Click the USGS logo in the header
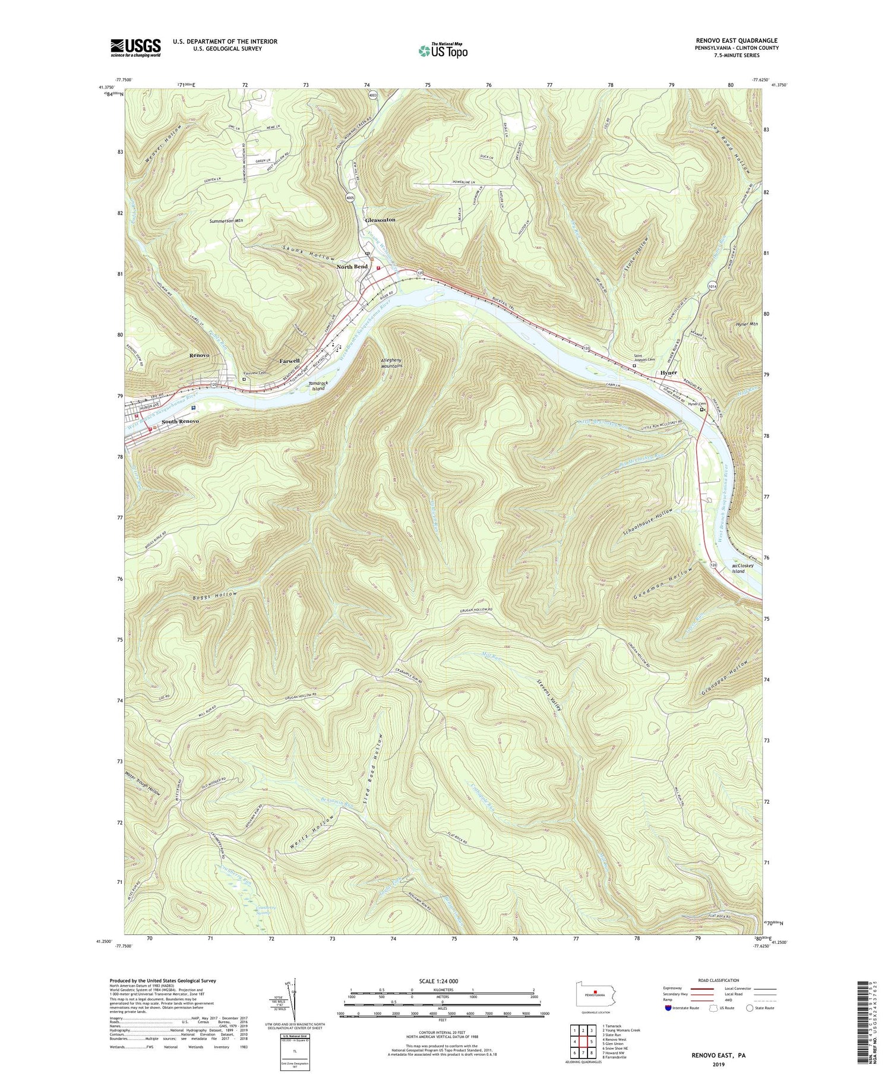135,48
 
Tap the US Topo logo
443,51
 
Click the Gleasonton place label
380,220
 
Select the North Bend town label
352,267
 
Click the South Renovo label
180,421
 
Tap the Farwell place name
290,361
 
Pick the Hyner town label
669,373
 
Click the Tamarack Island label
318,386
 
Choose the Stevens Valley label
550,696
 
